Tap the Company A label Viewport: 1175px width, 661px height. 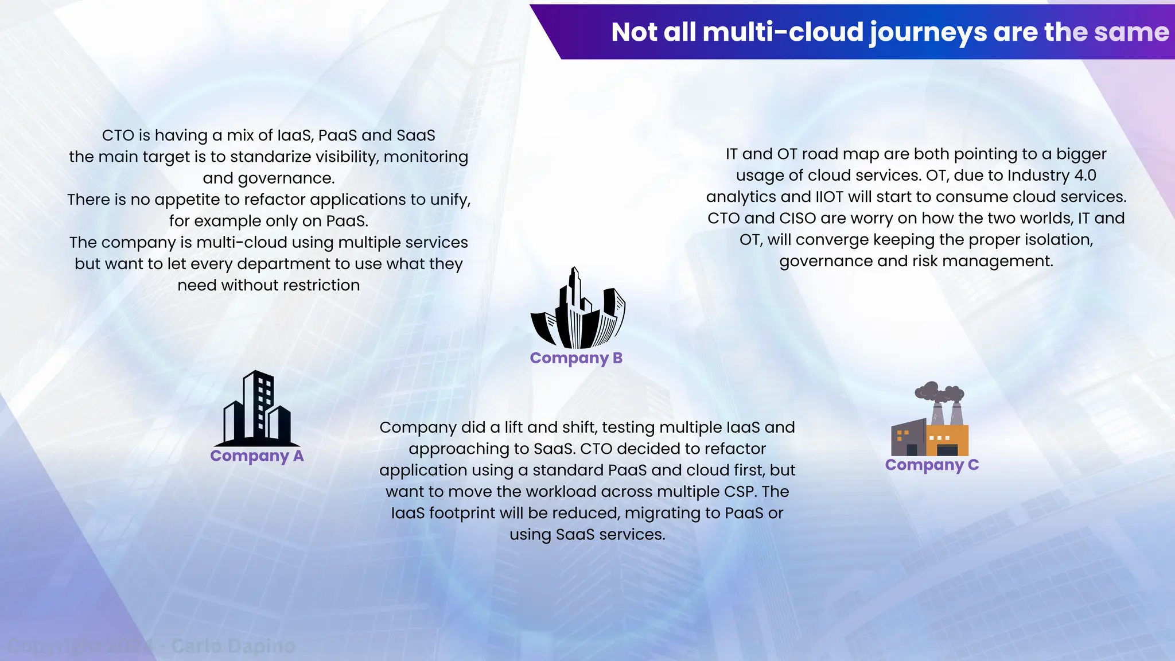[x=256, y=456]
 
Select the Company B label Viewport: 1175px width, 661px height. [x=576, y=358]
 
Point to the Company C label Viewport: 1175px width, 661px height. [x=932, y=465]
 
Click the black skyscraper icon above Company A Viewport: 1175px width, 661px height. [x=257, y=409]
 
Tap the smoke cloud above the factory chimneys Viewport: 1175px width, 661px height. [x=939, y=392]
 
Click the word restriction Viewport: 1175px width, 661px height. [x=321, y=285]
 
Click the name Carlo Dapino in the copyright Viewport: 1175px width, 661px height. [x=233, y=647]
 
